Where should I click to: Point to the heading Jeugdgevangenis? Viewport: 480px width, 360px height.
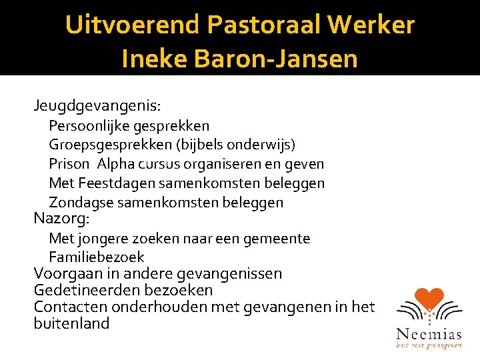(98, 105)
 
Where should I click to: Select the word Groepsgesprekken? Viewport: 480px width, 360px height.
(106, 145)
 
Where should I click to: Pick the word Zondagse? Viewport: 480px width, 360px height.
(77, 202)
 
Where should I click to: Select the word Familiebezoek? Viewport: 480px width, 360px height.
(97, 257)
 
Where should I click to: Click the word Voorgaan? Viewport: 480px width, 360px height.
(64, 273)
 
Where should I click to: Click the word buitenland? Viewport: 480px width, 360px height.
(71, 323)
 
